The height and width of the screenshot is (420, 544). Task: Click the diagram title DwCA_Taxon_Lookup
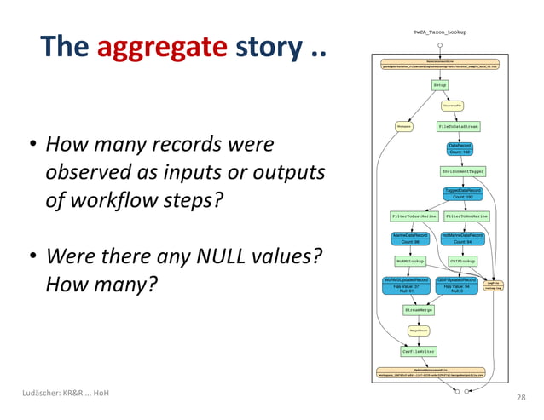coord(439,32)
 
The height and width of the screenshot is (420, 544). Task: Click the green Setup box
coord(439,85)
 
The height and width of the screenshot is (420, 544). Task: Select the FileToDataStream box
coord(459,126)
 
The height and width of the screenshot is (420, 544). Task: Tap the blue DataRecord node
coord(460,148)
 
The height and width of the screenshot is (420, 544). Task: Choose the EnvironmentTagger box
coord(463,171)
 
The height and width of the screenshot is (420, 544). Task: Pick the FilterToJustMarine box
coord(414,216)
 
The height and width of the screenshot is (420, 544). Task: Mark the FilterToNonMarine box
coord(467,216)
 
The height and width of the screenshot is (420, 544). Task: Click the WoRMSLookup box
coord(410,261)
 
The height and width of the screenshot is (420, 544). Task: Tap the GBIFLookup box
coord(462,261)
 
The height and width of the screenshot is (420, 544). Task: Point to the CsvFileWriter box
coord(419,350)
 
